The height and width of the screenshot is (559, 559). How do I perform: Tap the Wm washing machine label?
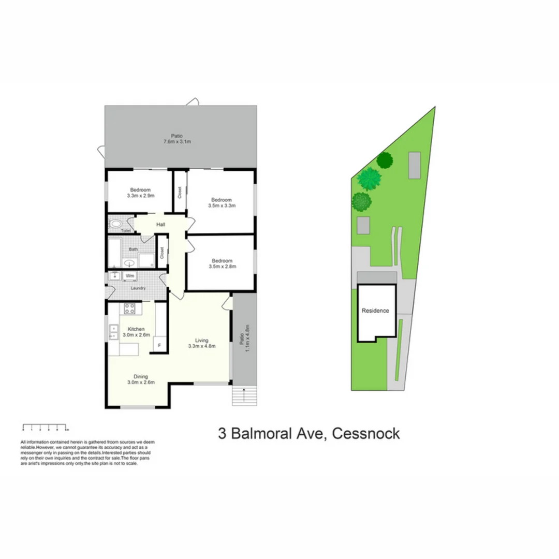click(x=130, y=276)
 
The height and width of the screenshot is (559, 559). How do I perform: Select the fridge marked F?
click(x=159, y=345)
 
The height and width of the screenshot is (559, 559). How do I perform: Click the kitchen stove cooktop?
click(x=129, y=310)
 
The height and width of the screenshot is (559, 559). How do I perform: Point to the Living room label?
click(x=201, y=341)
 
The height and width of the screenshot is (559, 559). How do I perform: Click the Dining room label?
click(x=140, y=376)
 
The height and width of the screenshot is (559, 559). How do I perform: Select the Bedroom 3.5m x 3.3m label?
click(x=221, y=200)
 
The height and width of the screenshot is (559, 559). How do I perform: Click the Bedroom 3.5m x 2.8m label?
click(x=221, y=261)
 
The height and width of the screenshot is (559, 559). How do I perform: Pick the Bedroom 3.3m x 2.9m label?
click(x=140, y=189)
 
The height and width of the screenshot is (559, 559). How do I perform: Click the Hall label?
click(x=160, y=225)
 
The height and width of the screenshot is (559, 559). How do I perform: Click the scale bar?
click(x=46, y=428)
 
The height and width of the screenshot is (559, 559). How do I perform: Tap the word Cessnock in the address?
click(x=365, y=433)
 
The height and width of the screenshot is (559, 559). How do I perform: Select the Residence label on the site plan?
click(x=375, y=311)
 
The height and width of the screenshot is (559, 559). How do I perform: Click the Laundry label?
click(x=138, y=288)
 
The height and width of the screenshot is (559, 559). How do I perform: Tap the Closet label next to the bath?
click(x=162, y=252)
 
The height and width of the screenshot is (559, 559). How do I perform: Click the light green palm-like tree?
click(x=369, y=179)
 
